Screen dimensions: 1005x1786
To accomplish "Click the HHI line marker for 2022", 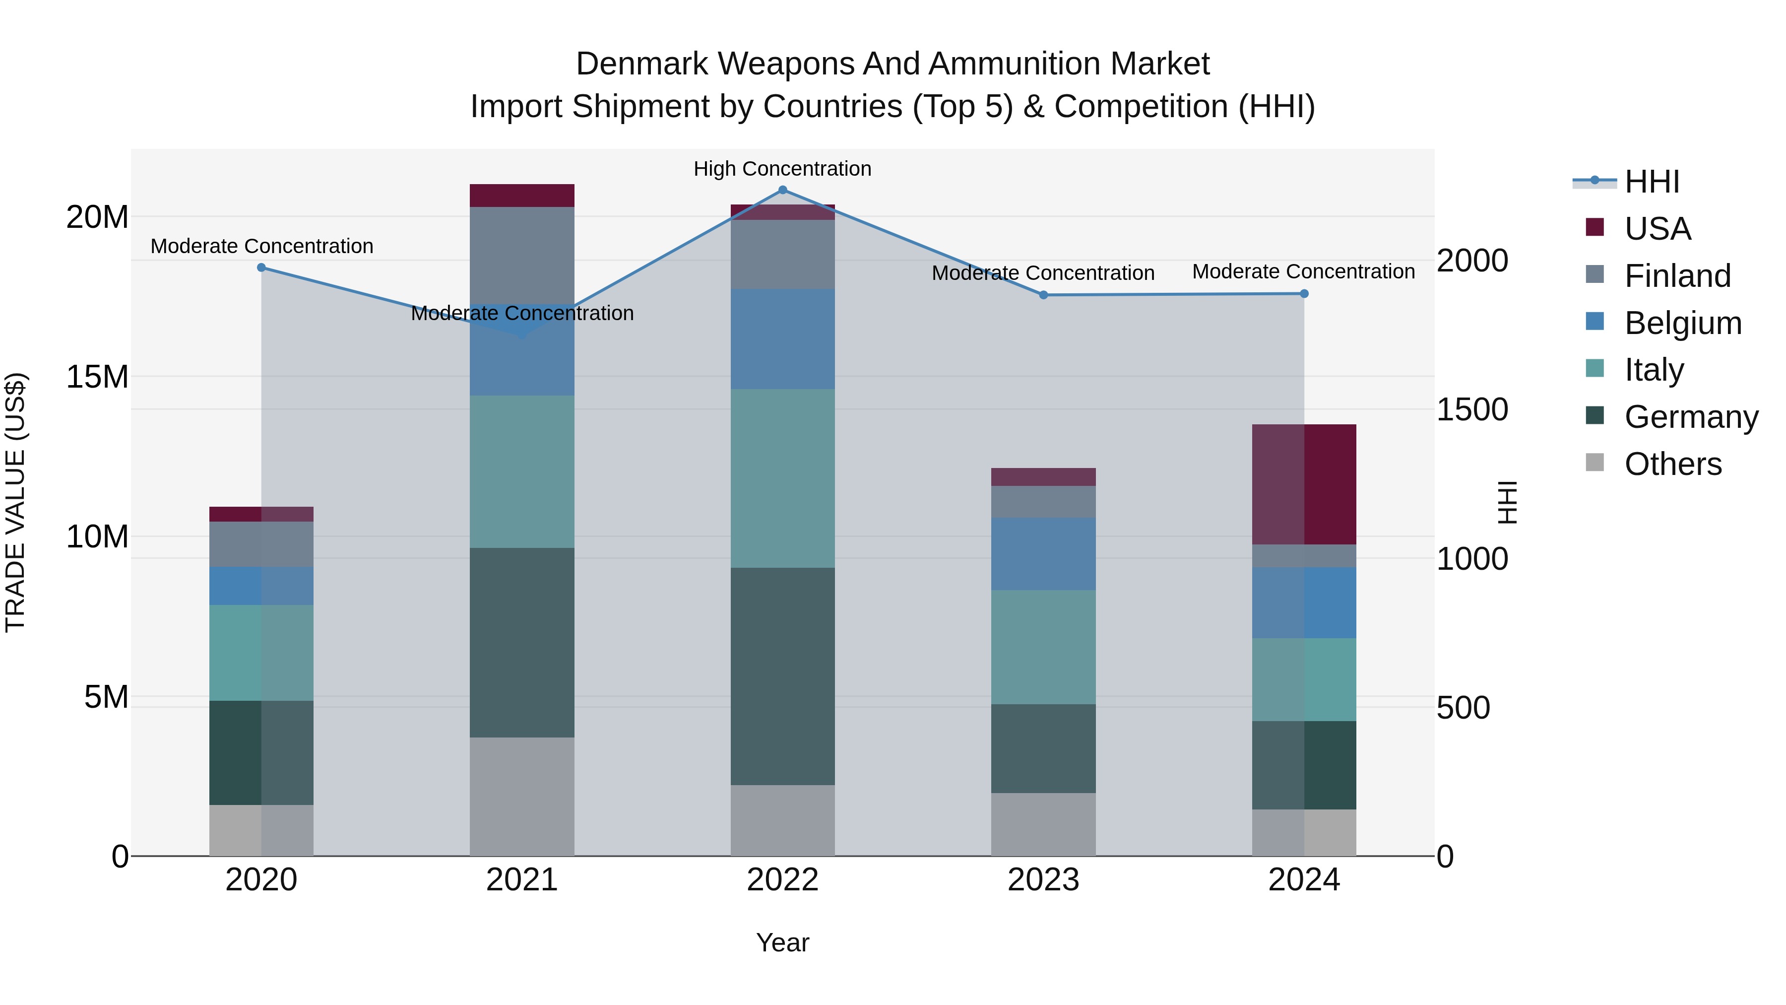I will (x=783, y=190).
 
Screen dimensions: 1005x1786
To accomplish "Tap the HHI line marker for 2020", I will (x=261, y=268).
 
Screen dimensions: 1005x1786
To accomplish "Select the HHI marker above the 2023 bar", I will (x=1043, y=295).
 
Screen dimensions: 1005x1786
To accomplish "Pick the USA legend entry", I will (x=1657, y=229).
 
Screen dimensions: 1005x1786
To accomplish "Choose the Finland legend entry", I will (x=1677, y=276).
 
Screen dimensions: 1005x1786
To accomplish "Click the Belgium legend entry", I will (x=1683, y=323).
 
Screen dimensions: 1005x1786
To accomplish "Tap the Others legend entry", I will (x=1672, y=464).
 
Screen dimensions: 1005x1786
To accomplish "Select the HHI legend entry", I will (x=1652, y=182).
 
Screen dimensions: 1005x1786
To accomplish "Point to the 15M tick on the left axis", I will (x=97, y=377).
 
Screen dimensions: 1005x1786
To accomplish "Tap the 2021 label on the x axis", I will (x=522, y=880).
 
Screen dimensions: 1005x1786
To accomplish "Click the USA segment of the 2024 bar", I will (x=1304, y=484).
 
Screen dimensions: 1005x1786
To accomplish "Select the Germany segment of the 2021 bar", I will (x=522, y=642).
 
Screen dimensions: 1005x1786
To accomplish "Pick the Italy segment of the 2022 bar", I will (x=783, y=478).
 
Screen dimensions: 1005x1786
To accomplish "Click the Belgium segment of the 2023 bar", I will (x=1043, y=553).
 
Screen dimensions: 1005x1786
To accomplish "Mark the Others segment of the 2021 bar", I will (x=522, y=796).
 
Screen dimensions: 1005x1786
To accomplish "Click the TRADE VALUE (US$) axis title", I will (x=15, y=502).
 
